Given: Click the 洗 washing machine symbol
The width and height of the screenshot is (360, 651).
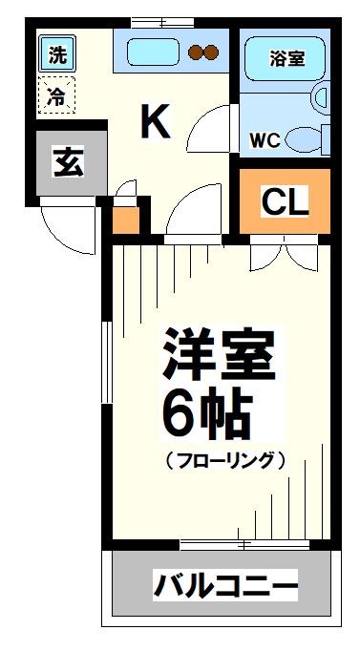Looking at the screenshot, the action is pos(58,54).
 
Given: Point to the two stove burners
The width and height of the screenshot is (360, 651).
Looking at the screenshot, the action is pos(204,52).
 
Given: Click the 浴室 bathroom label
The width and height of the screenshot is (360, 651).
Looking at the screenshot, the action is pos(286,57).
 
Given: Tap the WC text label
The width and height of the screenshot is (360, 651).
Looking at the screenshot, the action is pos(265,139).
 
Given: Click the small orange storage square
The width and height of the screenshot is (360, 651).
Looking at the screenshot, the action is pos(126,220).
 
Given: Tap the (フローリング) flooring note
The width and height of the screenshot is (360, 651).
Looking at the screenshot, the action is pos(225,460).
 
